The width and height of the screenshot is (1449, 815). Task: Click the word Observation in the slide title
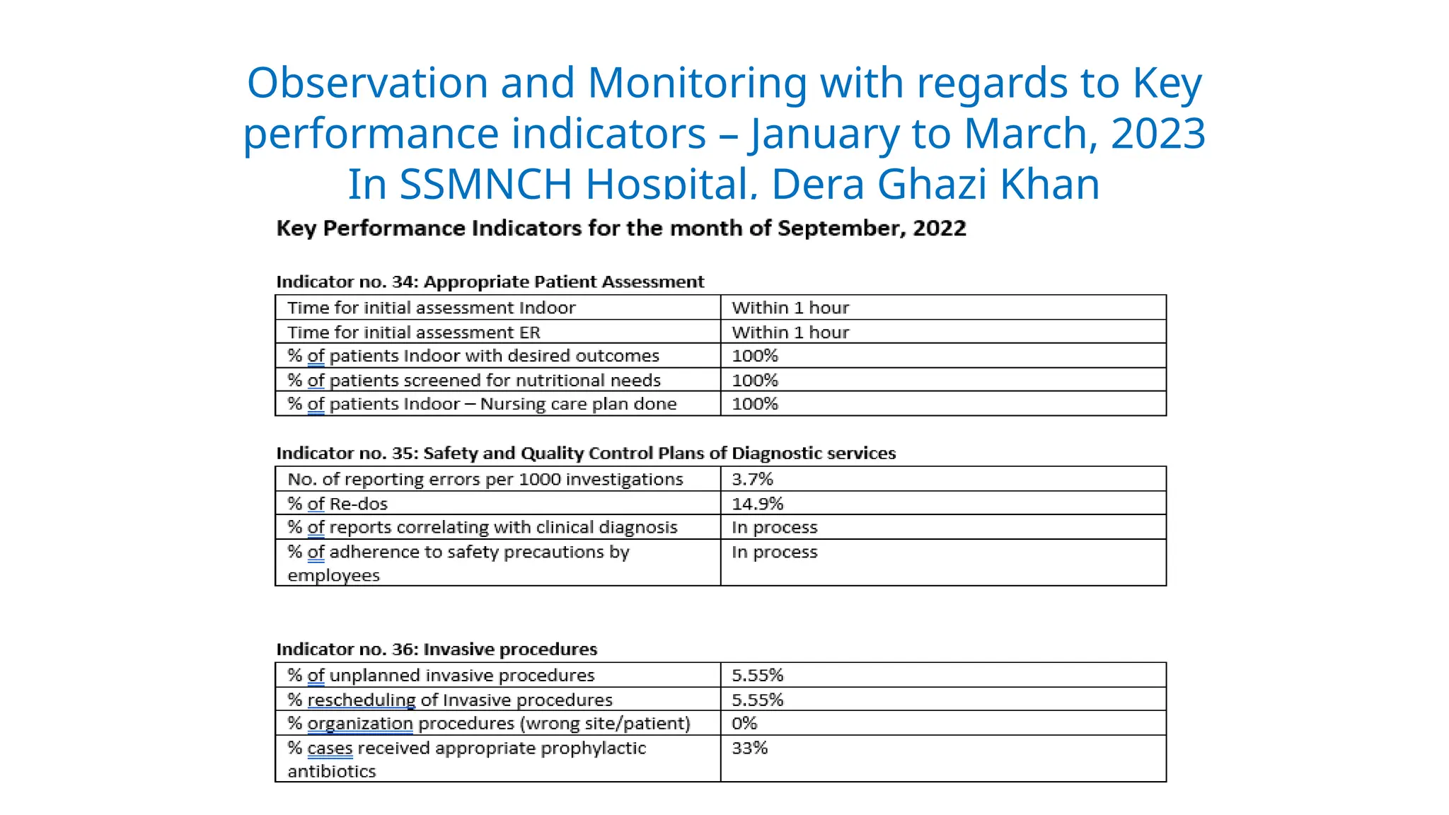(x=366, y=83)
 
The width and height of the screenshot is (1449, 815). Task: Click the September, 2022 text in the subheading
(x=872, y=229)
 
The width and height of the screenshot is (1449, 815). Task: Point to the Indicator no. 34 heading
(x=490, y=282)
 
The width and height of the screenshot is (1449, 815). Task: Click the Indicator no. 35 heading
(x=585, y=453)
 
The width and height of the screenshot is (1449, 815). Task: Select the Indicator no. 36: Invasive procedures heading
(x=437, y=649)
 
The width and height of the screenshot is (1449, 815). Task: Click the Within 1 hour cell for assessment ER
(x=790, y=333)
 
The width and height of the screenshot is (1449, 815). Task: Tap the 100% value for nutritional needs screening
(x=754, y=381)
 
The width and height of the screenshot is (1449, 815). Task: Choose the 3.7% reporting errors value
(x=752, y=479)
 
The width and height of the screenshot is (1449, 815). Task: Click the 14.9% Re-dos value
(x=757, y=504)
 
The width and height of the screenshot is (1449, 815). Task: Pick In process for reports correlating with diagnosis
(x=774, y=527)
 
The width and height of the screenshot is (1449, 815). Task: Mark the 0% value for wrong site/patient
(x=744, y=723)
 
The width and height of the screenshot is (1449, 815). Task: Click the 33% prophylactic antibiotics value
(x=749, y=748)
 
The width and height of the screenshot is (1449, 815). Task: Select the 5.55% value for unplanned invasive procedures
(x=757, y=675)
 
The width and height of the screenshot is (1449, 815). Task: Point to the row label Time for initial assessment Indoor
(x=431, y=308)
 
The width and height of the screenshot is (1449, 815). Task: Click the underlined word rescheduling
(x=361, y=700)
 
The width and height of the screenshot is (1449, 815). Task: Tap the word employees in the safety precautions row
(x=333, y=575)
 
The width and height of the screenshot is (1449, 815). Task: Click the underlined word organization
(x=359, y=723)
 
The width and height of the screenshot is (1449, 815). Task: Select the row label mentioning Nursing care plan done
(x=482, y=404)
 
